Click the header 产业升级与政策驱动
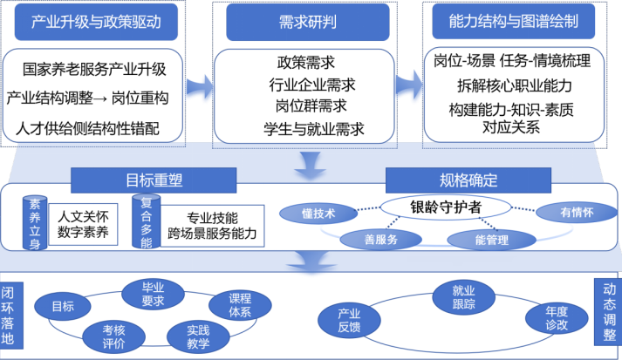(x=97, y=23)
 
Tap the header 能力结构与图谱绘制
(x=512, y=23)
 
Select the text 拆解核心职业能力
(x=514, y=85)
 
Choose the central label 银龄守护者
(x=445, y=207)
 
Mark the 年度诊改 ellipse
(x=556, y=317)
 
